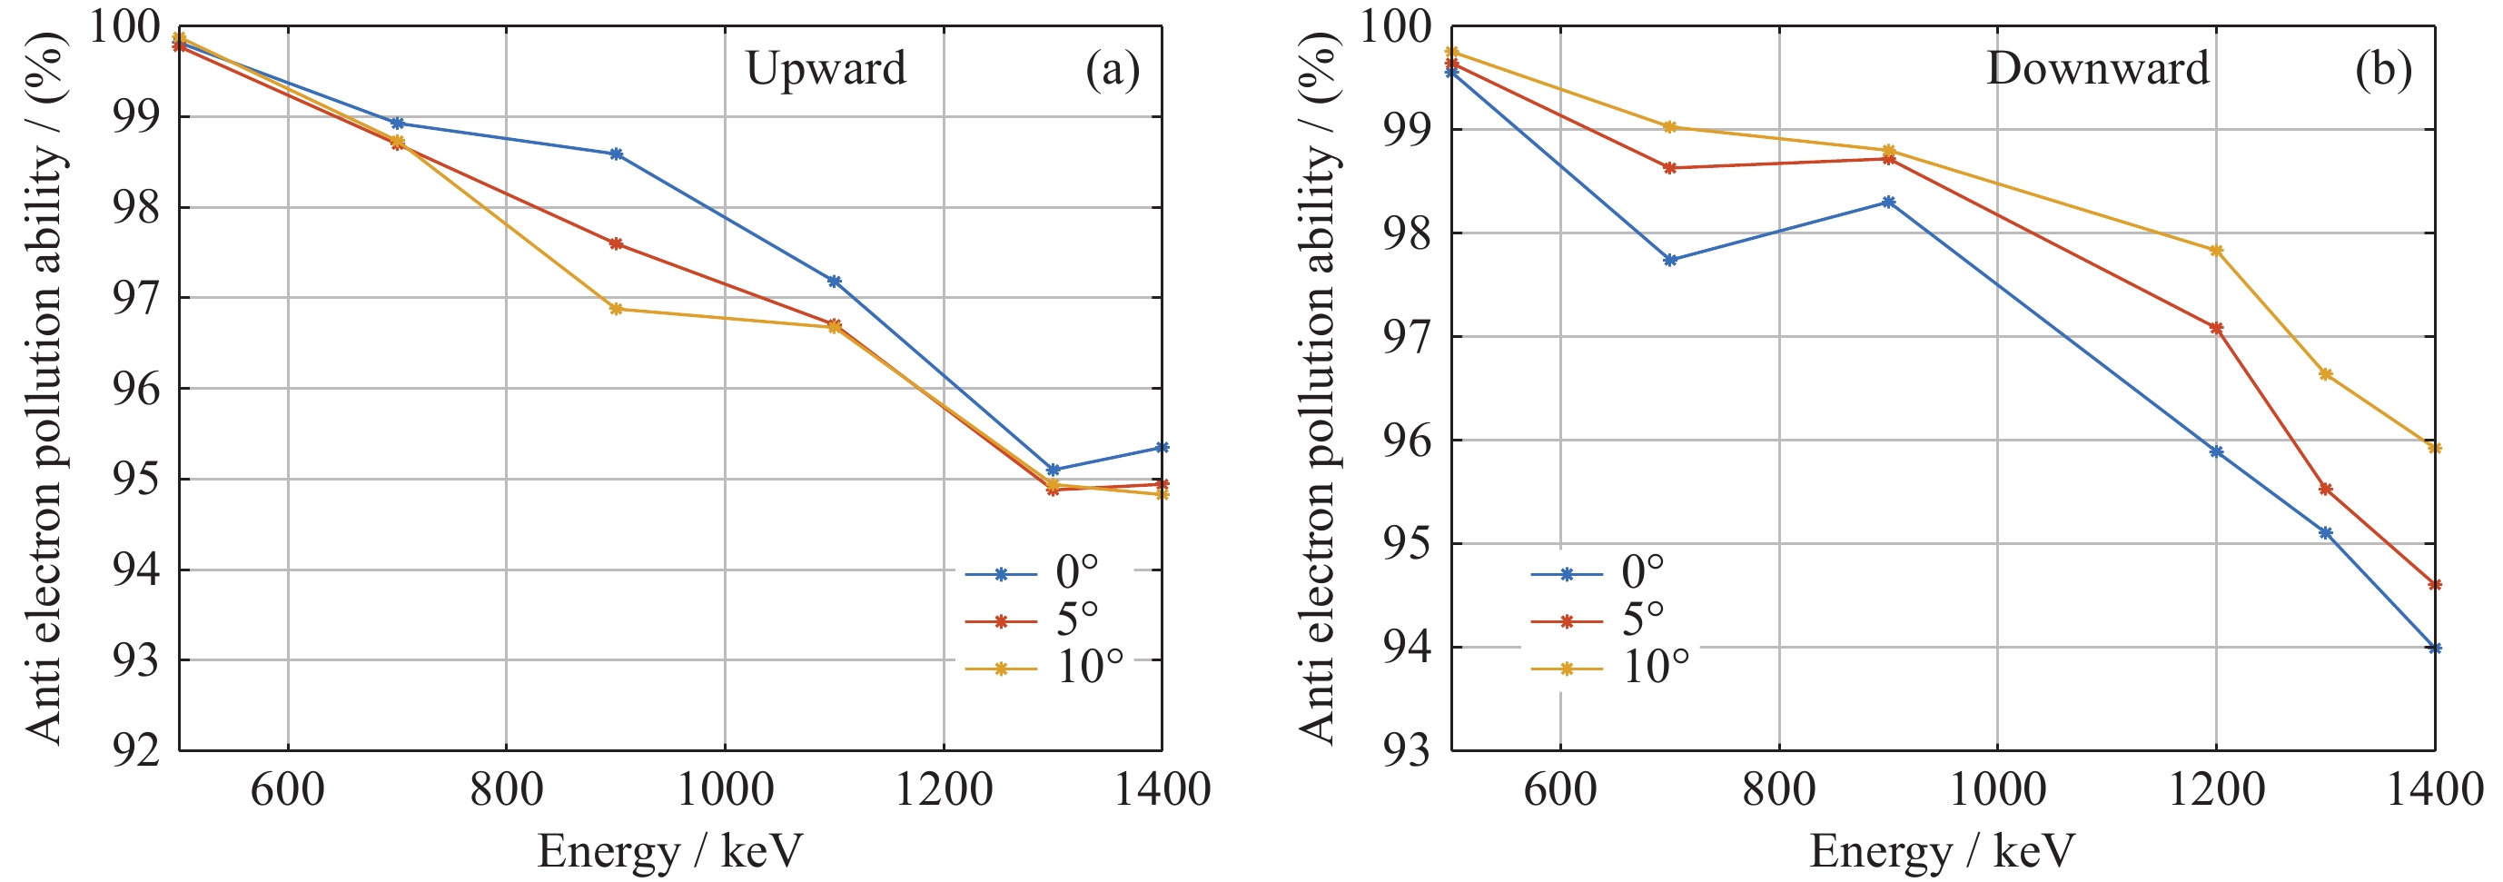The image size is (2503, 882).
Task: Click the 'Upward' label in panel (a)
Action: coord(825,69)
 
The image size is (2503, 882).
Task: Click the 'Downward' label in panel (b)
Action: coord(2098,69)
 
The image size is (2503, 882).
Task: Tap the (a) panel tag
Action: coord(1112,70)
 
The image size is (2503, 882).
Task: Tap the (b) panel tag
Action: coord(2382,70)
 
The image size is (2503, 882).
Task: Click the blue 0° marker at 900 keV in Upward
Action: coord(616,154)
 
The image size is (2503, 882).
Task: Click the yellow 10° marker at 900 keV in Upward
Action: coord(616,309)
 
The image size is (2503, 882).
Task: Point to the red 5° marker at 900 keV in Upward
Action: coord(616,243)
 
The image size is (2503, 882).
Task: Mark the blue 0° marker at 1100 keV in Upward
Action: coord(834,282)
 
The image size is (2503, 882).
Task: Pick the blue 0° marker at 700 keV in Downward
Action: coord(1670,261)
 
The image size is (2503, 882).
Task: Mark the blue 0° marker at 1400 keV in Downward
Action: coord(2434,648)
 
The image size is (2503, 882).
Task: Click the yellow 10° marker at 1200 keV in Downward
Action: coord(2216,251)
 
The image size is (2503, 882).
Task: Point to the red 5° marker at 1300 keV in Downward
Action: coord(2325,490)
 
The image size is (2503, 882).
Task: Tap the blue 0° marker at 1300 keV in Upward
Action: coord(1053,471)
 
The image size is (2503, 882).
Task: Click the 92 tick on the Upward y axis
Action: coord(136,751)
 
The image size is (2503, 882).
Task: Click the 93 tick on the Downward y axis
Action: coord(1407,751)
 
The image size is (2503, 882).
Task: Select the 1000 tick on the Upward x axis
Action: coord(725,789)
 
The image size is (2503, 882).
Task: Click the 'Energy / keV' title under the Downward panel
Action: coord(1942,852)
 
